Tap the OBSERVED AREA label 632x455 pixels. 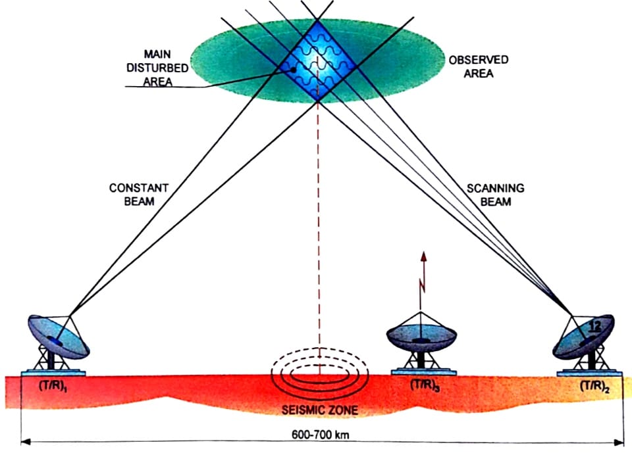click(478, 66)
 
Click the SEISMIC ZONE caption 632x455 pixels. click(320, 412)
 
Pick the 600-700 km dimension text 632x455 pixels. click(321, 435)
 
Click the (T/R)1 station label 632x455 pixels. click(54, 387)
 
